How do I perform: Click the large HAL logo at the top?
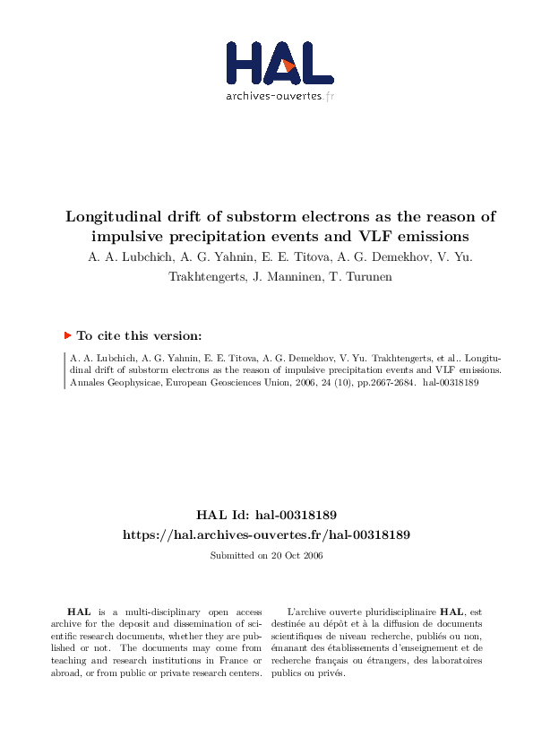[279, 62]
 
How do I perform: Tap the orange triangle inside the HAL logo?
[288, 65]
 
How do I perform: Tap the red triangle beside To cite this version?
[67, 335]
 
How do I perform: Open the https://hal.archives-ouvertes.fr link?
[266, 534]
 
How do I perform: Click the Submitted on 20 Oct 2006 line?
[266, 556]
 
